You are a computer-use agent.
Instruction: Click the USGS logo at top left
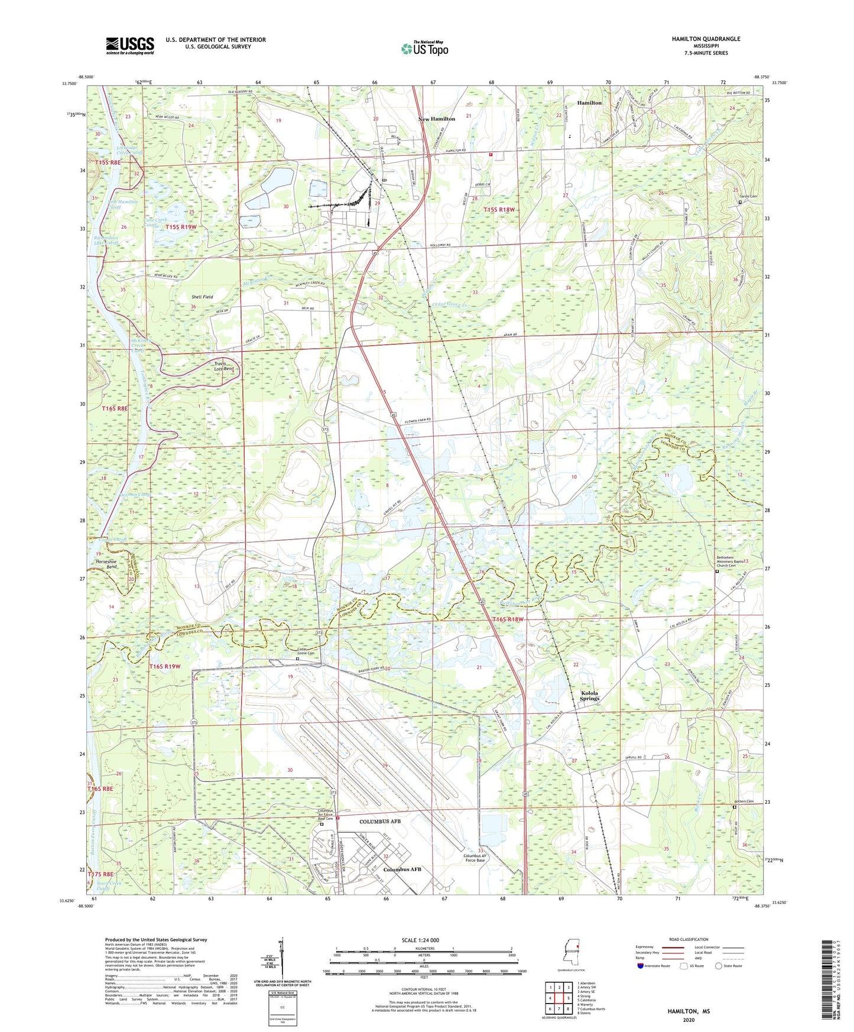pyautogui.click(x=129, y=45)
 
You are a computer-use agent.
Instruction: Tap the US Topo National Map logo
pyautogui.click(x=424, y=48)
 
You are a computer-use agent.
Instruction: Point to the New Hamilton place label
pyautogui.click(x=437, y=119)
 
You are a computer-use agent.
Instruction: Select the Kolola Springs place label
pyautogui.click(x=589, y=696)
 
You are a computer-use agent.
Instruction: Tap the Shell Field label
pyautogui.click(x=202, y=297)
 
